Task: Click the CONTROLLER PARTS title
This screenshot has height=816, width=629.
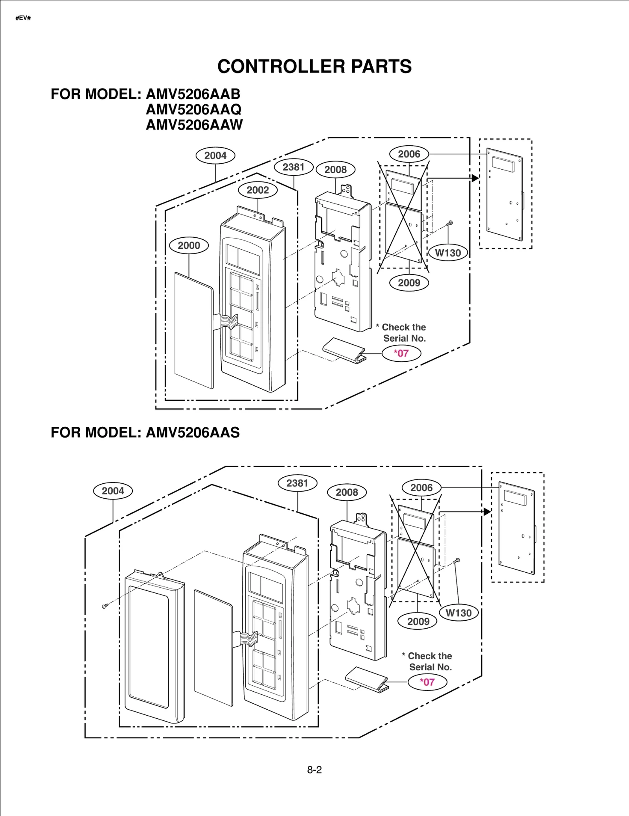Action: tap(314, 66)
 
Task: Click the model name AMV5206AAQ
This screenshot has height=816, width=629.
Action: tap(193, 109)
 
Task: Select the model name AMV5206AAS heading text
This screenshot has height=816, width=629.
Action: tap(193, 432)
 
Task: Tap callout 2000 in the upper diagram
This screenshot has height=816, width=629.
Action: tap(189, 245)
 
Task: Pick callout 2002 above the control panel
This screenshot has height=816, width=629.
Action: tap(257, 190)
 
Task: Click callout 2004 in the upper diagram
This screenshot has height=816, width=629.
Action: tap(215, 155)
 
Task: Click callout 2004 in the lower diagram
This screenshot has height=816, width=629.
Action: tap(113, 491)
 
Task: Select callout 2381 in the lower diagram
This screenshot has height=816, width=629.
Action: tap(297, 483)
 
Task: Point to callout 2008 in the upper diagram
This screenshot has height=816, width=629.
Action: tap(335, 170)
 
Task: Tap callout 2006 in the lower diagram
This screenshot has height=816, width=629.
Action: tap(421, 488)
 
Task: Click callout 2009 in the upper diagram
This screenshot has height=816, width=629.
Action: tap(409, 283)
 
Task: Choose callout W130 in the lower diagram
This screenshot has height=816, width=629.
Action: tap(458, 613)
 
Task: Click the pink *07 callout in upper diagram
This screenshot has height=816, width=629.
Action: tap(401, 353)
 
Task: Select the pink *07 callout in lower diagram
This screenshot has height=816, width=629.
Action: tap(427, 682)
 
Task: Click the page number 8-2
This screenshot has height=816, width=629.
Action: tap(314, 770)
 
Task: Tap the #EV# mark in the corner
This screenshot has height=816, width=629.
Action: tap(23, 18)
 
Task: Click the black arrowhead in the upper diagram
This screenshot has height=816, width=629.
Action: tap(475, 178)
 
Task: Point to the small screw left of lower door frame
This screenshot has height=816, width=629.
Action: tap(105, 606)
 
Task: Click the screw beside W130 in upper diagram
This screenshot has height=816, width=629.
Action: tap(450, 223)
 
